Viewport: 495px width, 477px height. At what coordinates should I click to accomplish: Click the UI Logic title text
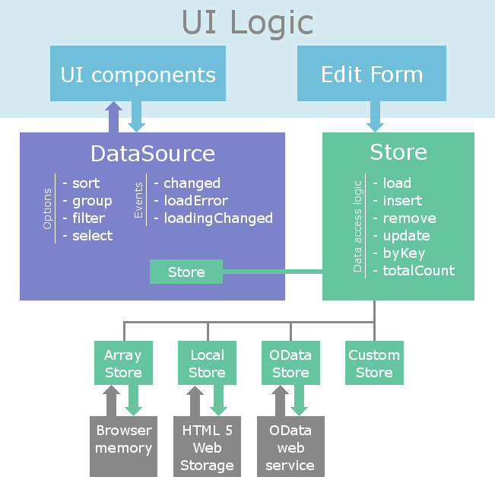click(247, 23)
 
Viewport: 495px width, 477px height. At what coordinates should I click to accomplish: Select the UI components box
click(138, 74)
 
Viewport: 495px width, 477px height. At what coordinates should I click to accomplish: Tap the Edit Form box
click(371, 74)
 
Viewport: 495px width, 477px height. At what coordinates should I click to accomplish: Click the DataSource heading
click(153, 153)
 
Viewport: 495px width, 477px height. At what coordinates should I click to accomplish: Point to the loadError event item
click(195, 201)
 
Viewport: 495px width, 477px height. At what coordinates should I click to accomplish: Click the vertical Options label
click(48, 209)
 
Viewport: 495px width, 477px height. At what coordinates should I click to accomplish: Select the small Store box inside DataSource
click(186, 272)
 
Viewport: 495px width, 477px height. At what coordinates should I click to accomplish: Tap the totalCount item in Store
click(418, 270)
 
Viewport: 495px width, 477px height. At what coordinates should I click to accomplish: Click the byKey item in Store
click(404, 253)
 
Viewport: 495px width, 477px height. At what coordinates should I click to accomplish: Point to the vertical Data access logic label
click(358, 226)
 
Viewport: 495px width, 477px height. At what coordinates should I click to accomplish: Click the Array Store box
click(123, 364)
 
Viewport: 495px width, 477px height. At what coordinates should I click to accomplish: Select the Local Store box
click(207, 364)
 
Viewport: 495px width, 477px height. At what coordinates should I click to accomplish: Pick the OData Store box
click(290, 364)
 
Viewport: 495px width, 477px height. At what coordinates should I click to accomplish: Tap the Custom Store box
click(374, 364)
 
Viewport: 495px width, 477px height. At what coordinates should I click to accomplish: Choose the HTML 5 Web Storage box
click(207, 447)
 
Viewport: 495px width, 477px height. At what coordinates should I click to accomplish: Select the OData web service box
click(290, 447)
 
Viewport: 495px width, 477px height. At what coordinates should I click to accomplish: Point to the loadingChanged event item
click(217, 218)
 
